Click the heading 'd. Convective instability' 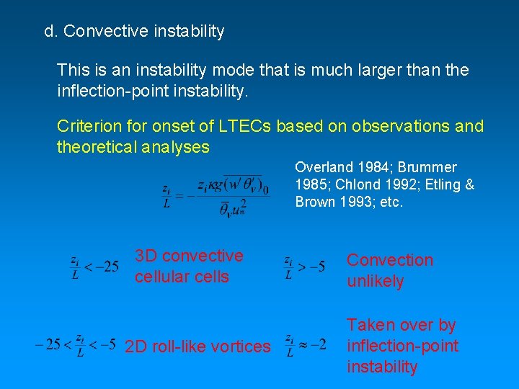(x=134, y=32)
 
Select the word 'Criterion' (x=87, y=126)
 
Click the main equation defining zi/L (x=216, y=191)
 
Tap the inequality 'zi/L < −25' (x=94, y=267)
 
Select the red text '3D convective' (x=189, y=256)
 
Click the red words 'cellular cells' (x=181, y=277)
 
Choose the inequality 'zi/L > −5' (x=304, y=267)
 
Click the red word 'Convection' (x=390, y=260)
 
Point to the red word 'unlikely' (x=375, y=281)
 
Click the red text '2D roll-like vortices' (x=198, y=346)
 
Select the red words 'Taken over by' (x=401, y=326)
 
